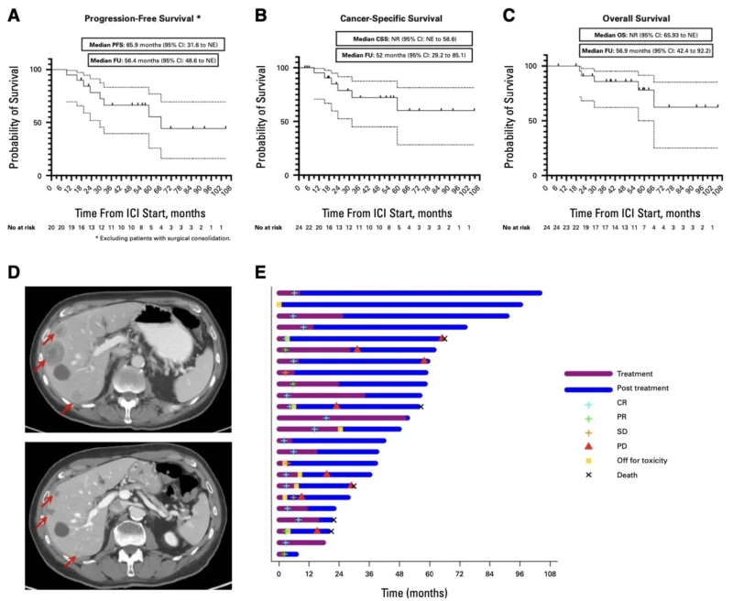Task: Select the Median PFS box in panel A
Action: coord(151,44)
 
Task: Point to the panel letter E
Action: coord(260,272)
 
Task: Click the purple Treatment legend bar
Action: coord(587,374)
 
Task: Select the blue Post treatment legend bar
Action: coord(587,388)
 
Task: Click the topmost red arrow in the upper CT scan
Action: coord(43,341)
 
